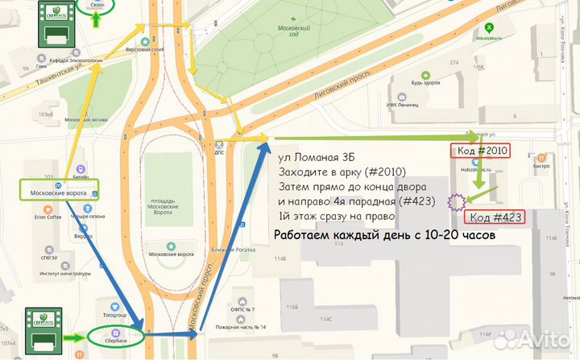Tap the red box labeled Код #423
[x=496, y=217]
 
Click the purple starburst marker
[x=457, y=201]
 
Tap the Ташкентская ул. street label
[x=60, y=77]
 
